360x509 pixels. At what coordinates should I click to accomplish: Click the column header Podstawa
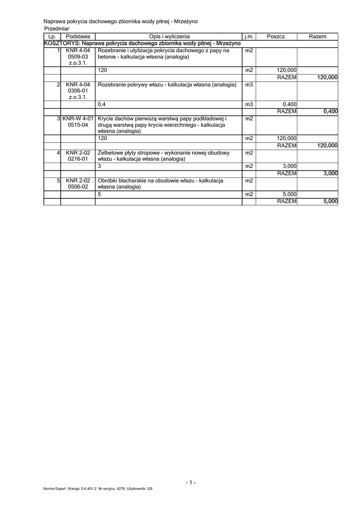[x=78, y=37]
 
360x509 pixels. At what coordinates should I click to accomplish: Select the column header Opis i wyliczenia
[x=169, y=37]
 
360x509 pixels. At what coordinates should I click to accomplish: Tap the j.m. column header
[x=249, y=37]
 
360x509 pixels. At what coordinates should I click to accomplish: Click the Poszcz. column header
[x=276, y=37]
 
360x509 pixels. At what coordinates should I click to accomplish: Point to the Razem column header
[x=318, y=37]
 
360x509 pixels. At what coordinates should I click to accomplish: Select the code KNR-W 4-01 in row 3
[x=78, y=118]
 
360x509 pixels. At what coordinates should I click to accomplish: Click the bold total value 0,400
[x=330, y=111]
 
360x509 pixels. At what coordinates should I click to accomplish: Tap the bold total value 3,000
[x=330, y=173]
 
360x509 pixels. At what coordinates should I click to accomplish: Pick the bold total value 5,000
[x=330, y=201]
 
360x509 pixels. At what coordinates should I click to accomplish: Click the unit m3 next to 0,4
[x=249, y=104]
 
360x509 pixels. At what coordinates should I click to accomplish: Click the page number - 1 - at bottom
[x=190, y=482]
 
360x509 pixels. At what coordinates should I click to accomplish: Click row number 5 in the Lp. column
[x=58, y=180]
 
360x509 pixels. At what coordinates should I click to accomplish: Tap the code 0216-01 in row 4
[x=78, y=159]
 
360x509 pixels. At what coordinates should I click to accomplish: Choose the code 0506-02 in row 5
[x=78, y=187]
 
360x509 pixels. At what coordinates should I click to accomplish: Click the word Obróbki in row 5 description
[x=108, y=180]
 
